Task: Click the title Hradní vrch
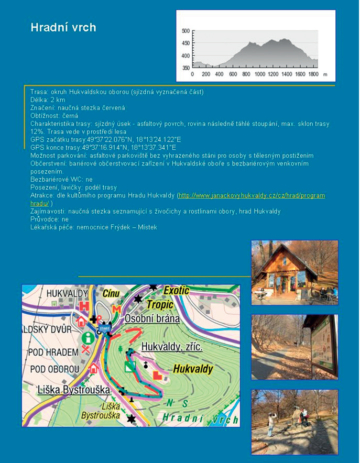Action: point(63,27)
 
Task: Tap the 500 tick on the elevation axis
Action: point(186,31)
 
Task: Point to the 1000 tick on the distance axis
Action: point(260,74)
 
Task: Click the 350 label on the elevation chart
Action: point(186,68)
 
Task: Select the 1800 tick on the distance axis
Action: point(313,74)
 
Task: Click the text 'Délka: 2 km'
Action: point(48,100)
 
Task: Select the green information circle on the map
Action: point(88,337)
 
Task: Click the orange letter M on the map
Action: point(116,309)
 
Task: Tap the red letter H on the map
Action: point(83,306)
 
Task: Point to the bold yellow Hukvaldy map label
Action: point(193,369)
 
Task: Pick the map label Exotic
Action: point(176,290)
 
